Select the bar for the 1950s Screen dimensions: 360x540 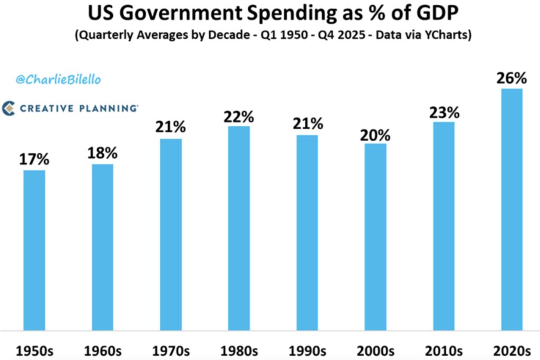point(34,250)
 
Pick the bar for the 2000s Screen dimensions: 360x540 point(375,237)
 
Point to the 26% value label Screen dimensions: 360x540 point(511,79)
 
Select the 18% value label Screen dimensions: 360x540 point(102,154)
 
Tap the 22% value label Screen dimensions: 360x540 point(239,116)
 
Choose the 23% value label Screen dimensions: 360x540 point(443,112)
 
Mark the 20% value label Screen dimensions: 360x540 point(375,134)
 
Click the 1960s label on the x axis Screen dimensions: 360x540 point(102,350)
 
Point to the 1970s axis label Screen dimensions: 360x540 point(171,350)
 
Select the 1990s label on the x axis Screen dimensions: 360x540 point(307,350)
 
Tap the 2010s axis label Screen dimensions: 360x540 point(443,350)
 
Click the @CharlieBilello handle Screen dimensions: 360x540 point(58,80)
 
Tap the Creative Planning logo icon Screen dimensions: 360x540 point(8,109)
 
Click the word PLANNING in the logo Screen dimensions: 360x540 point(108,109)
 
